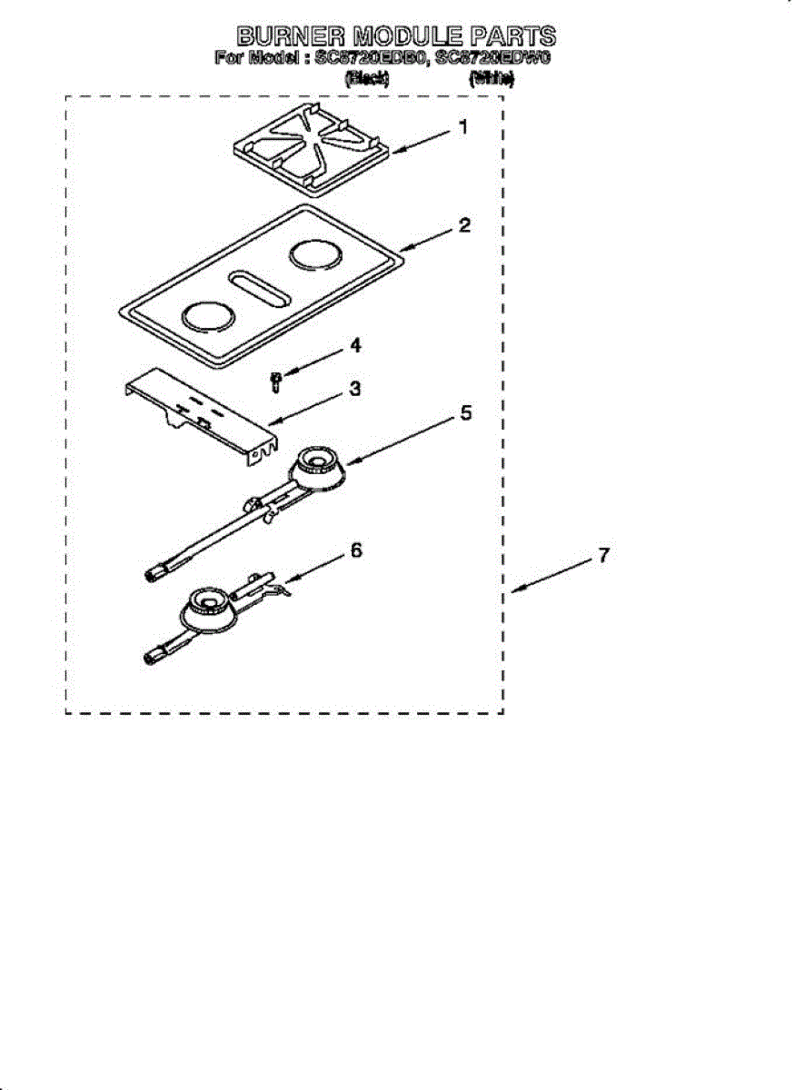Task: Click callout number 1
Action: [x=462, y=128]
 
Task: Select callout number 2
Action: [x=464, y=225]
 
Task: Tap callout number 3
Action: [x=355, y=389]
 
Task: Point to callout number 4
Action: [x=355, y=345]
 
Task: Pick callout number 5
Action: [x=465, y=412]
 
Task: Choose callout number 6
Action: [x=356, y=550]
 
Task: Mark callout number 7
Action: [x=602, y=555]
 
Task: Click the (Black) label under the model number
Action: [x=367, y=79]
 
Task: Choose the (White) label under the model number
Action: [x=492, y=79]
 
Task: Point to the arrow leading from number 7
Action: [x=551, y=576]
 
